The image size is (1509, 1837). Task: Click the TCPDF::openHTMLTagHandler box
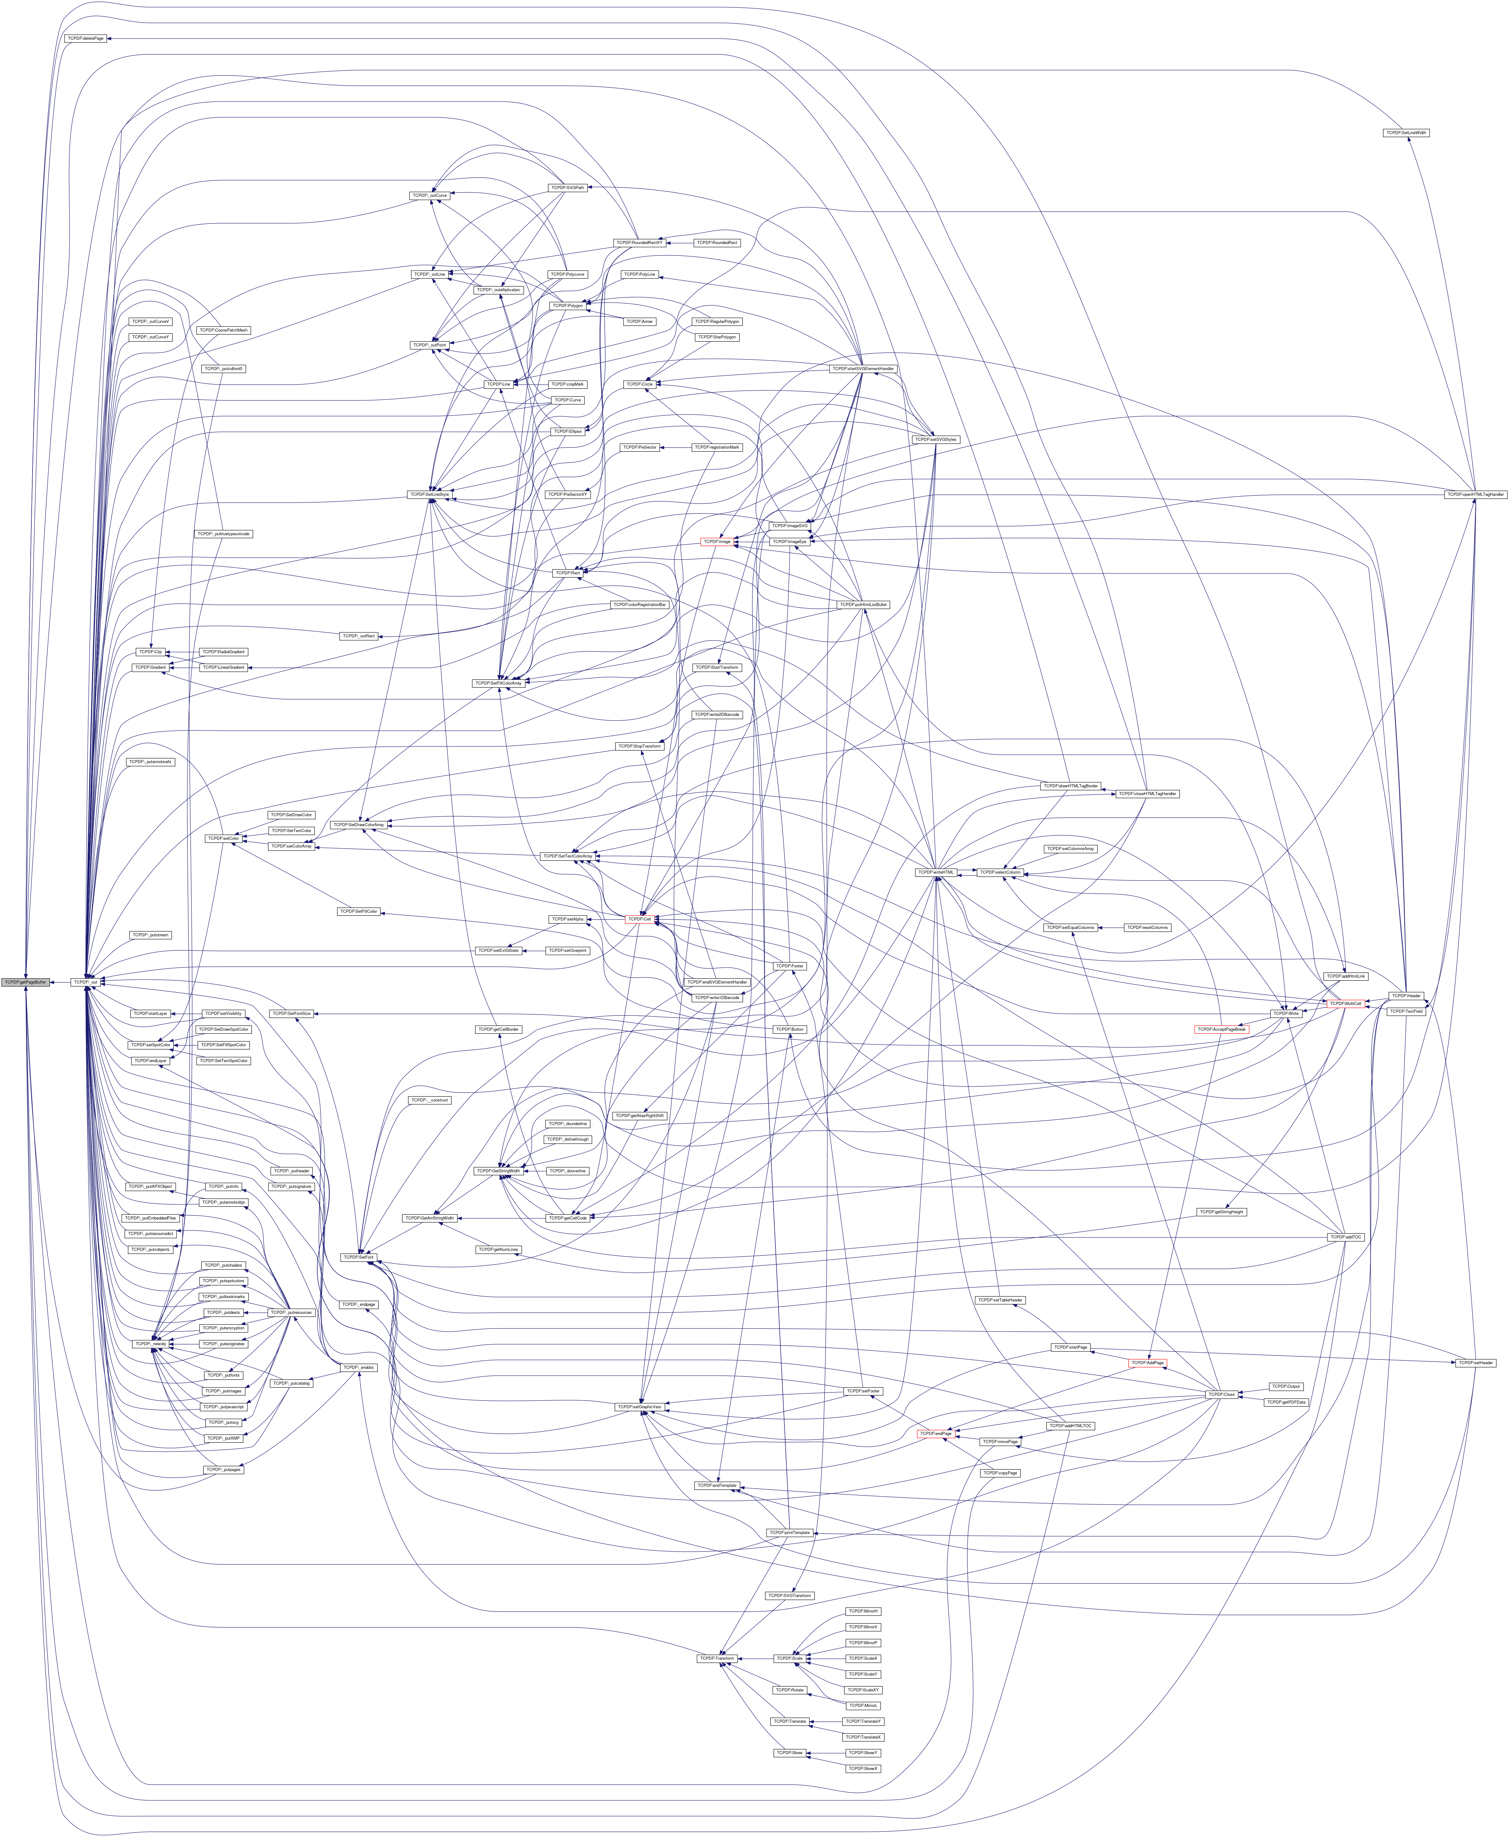pos(1474,494)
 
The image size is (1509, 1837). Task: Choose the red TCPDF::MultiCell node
pos(1345,1003)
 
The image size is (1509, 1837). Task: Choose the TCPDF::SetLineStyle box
pos(429,494)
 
